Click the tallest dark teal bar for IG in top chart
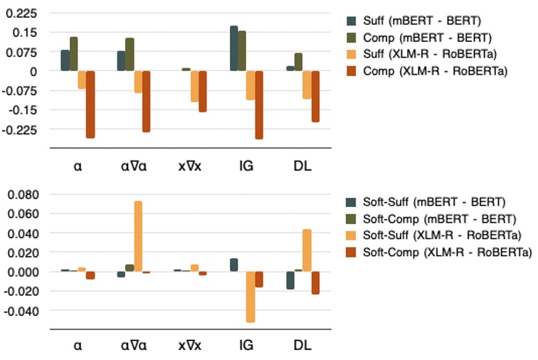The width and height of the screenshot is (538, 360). point(233,48)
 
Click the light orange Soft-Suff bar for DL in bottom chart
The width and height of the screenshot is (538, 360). point(307,250)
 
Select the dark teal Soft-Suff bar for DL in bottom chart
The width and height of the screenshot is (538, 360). point(290,280)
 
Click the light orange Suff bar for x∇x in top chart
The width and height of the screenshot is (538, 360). point(194,86)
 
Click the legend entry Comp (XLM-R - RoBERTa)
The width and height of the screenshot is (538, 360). point(426,70)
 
